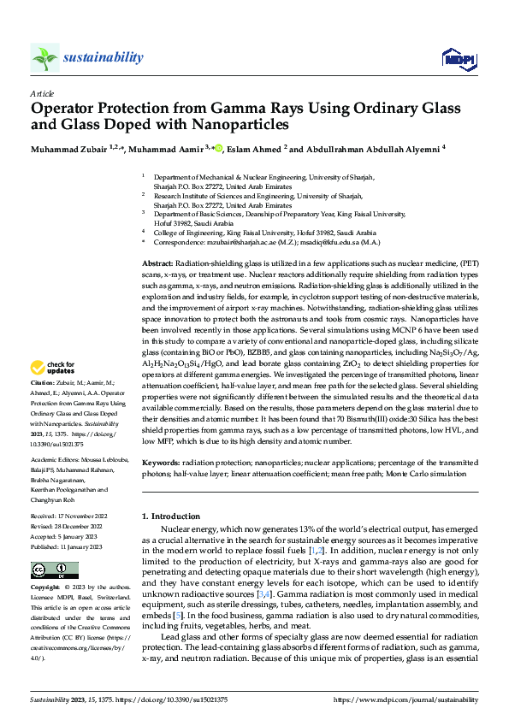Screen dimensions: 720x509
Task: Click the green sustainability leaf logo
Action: [44, 57]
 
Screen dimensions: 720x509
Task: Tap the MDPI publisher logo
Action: [458, 57]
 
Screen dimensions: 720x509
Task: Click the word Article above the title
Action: [42, 94]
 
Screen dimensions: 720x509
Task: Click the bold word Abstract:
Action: [157, 263]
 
